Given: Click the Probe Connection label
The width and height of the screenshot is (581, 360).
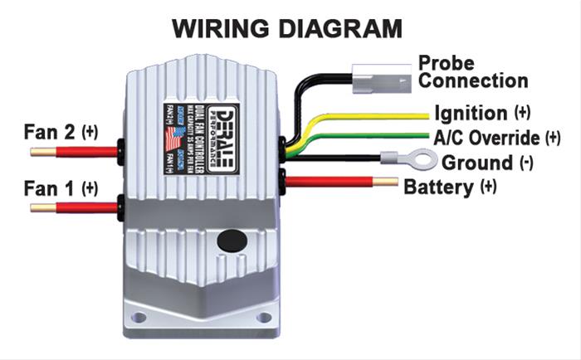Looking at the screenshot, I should [x=472, y=72].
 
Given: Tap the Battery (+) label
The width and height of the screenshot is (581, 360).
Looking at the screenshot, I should [x=449, y=186].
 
